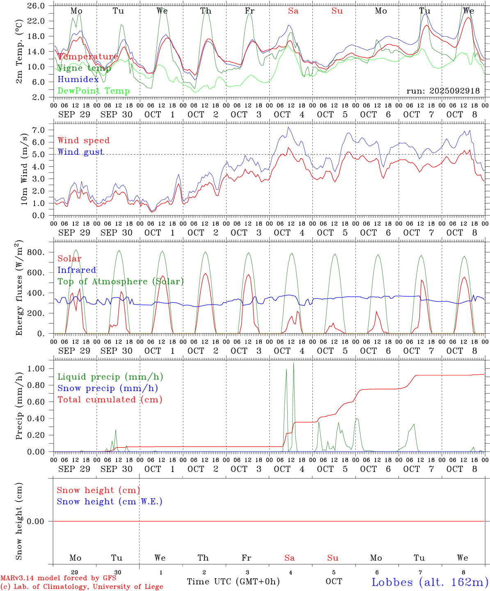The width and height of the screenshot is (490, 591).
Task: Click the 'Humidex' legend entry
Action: (x=78, y=80)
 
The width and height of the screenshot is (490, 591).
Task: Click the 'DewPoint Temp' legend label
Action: (x=94, y=91)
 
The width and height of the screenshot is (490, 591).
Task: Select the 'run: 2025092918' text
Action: (x=443, y=91)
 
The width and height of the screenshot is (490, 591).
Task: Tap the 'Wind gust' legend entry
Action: (x=80, y=152)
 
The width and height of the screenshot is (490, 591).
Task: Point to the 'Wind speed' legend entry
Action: (x=83, y=140)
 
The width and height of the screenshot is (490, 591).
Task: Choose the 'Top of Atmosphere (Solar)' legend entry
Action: (x=120, y=282)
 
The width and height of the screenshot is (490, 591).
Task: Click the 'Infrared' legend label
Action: (x=77, y=270)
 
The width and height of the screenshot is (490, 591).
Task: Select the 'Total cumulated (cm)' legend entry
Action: (x=110, y=400)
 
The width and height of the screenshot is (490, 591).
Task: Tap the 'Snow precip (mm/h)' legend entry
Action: (x=108, y=388)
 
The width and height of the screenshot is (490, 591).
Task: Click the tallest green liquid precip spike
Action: (x=293, y=364)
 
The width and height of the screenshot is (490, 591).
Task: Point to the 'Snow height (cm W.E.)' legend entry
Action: (x=110, y=502)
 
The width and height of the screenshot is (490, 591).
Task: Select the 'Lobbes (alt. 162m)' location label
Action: (x=430, y=582)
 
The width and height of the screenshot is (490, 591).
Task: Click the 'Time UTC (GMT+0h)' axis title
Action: (x=233, y=582)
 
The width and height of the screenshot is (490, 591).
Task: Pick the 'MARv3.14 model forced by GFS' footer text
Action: (x=58, y=578)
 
